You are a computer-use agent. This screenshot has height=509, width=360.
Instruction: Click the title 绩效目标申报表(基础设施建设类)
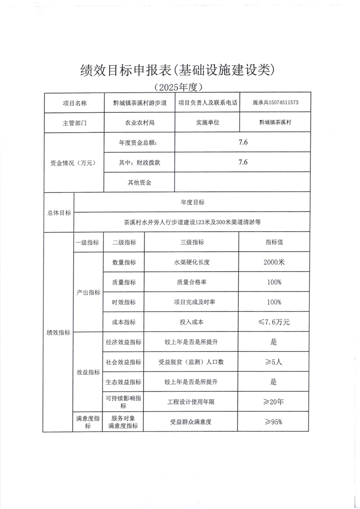pyautogui.click(x=178, y=69)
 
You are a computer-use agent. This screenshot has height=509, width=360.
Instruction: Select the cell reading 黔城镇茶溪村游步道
pyautogui.click(x=140, y=103)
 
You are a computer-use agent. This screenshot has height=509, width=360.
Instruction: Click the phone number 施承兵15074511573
pyautogui.click(x=275, y=103)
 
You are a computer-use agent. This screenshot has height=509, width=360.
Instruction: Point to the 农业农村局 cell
pyautogui.click(x=140, y=123)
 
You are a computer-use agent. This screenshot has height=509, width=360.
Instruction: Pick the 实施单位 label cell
pyautogui.click(x=208, y=123)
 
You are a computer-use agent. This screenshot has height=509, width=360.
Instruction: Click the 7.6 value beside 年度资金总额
pyautogui.click(x=243, y=143)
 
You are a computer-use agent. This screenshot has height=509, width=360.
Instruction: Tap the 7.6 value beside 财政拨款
pyautogui.click(x=243, y=162)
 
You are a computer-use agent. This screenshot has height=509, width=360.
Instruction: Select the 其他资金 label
pyautogui.click(x=139, y=182)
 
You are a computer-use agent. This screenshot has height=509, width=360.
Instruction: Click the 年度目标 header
pyautogui.click(x=192, y=202)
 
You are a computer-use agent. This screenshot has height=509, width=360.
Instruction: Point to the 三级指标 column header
pyautogui.click(x=192, y=243)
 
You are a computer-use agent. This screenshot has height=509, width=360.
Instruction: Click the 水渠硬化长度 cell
pyautogui.click(x=192, y=262)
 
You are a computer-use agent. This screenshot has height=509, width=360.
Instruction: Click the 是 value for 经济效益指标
pyautogui.click(x=274, y=342)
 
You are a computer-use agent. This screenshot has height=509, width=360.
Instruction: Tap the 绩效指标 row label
pyautogui.click(x=58, y=333)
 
